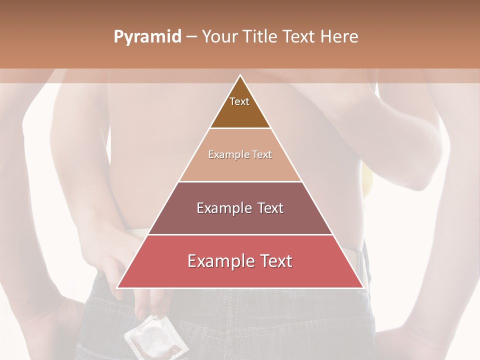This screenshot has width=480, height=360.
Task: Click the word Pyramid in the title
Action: coord(147,37)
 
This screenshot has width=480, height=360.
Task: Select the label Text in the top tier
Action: coord(239,101)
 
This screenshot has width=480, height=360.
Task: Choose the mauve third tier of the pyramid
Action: coord(240,220)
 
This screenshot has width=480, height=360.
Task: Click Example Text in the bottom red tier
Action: coord(240,261)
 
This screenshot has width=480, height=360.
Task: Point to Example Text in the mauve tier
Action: coord(240,208)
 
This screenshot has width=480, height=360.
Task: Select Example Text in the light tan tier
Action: coord(240,154)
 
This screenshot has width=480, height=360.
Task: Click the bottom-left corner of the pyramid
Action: coord(117,287)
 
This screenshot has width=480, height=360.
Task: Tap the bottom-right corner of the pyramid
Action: coord(363,287)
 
